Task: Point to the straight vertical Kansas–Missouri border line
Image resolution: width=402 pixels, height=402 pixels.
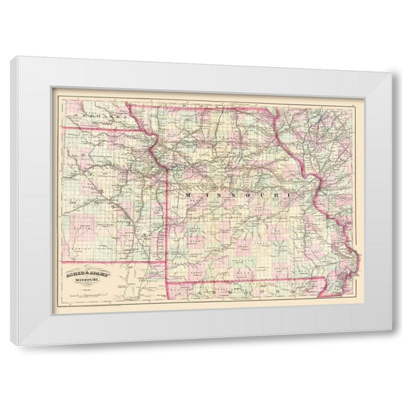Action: click(167, 226)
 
